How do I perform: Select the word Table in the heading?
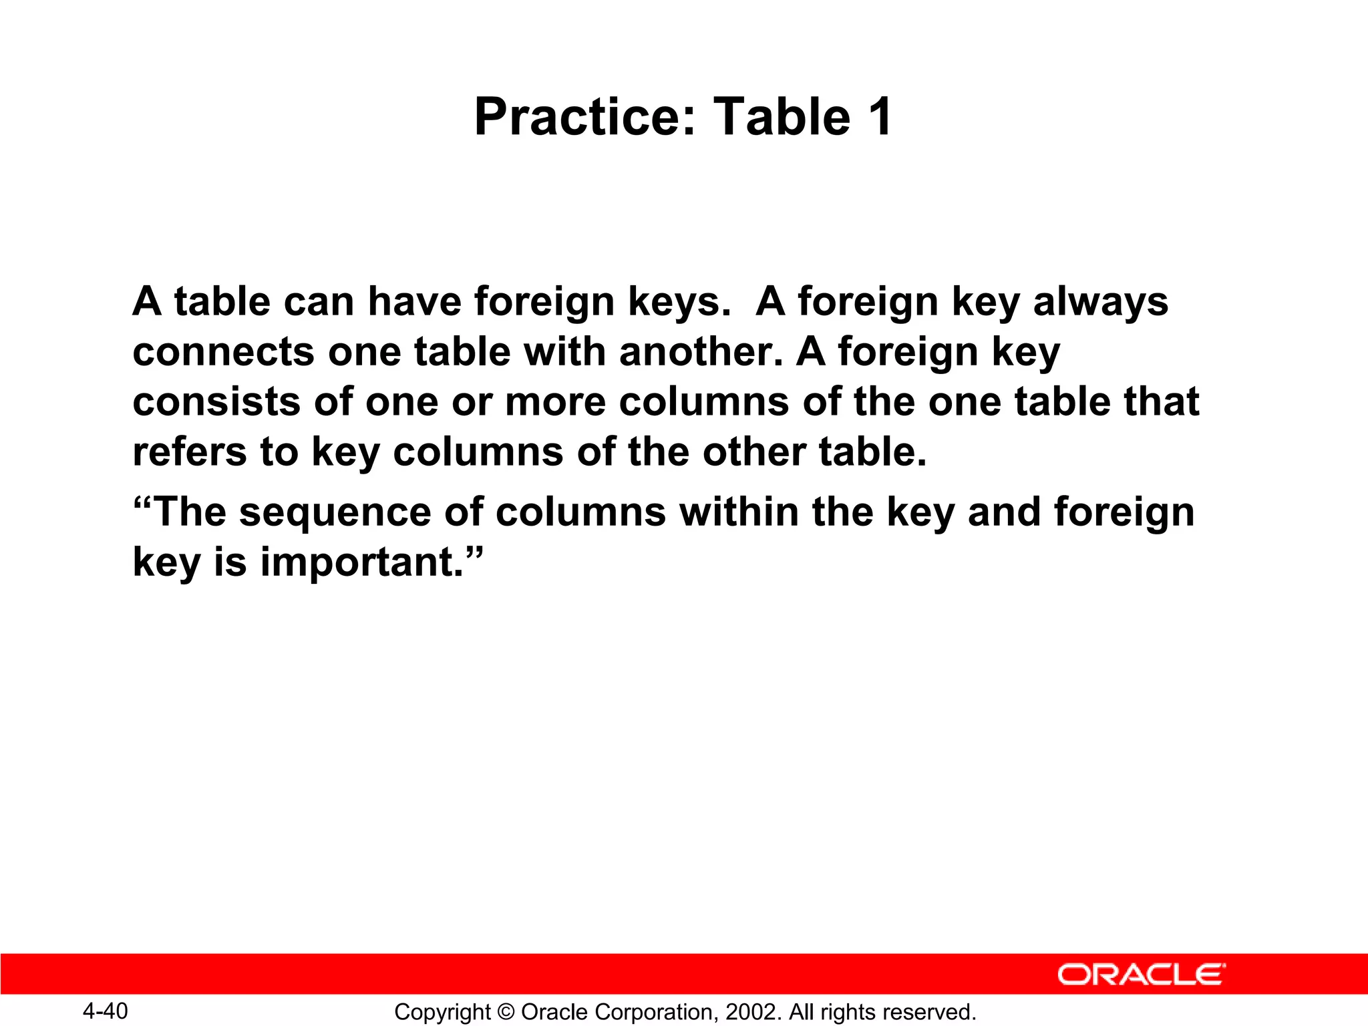pos(782,117)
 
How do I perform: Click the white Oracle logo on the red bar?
pos(1141,975)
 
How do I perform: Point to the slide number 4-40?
pos(106,1011)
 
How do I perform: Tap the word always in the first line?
pos(1101,302)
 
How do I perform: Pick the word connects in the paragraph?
pos(223,352)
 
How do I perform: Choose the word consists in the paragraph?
pos(216,402)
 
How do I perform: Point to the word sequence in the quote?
pos(335,513)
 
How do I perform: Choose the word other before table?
pos(754,452)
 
